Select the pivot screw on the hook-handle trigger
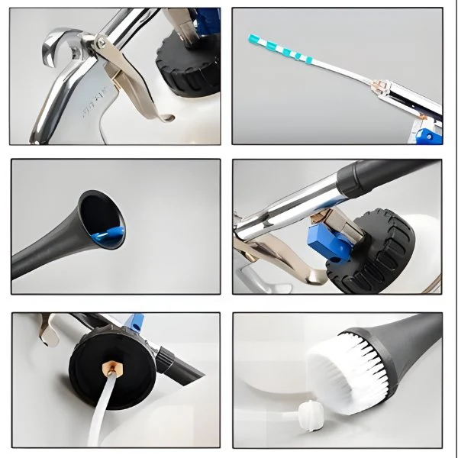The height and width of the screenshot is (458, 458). coord(102,46)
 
